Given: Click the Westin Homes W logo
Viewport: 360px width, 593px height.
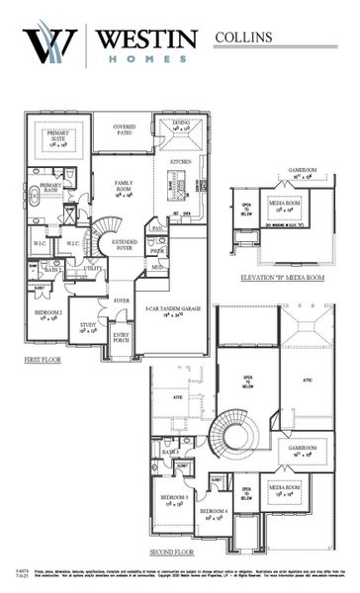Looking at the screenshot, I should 49,46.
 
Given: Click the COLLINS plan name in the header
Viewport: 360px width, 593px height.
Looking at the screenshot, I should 241,37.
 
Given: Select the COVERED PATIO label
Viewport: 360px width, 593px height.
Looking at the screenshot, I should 125,128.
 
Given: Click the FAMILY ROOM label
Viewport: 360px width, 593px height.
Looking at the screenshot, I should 125,187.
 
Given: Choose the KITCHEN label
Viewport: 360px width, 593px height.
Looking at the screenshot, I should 180,160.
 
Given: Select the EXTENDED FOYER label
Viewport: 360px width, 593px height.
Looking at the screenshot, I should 125,244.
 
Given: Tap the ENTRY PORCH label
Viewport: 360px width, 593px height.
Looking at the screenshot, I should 123,338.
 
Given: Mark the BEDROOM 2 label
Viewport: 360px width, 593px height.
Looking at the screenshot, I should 48,313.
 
